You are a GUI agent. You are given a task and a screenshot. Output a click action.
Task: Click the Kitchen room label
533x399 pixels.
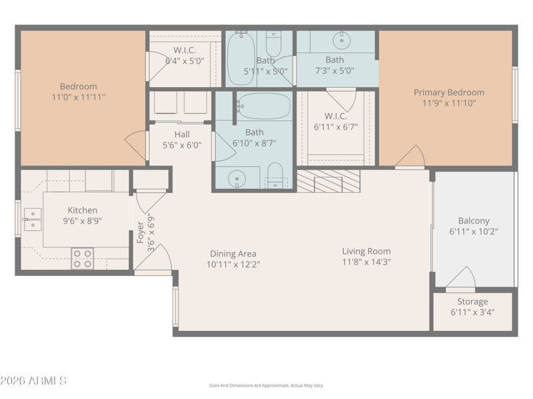[x=82, y=210]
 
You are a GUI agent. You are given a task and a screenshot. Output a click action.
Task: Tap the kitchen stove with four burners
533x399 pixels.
[x=83, y=259]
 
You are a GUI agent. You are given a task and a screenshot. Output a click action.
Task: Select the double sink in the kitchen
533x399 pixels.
[x=33, y=219]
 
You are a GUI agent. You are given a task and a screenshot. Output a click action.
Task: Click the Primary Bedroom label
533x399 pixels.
[x=448, y=92]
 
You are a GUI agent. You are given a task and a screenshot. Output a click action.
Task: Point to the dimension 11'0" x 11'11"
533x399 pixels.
[x=78, y=97]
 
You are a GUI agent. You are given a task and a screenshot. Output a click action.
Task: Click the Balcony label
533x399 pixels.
[x=474, y=221]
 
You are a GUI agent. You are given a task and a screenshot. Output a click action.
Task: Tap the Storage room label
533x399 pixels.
[x=472, y=302]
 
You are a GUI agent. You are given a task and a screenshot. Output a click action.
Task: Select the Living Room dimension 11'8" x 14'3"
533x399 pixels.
[x=366, y=262]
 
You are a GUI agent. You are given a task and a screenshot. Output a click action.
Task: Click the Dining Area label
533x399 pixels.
[x=233, y=254]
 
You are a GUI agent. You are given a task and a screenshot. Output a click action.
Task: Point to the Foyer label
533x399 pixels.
[x=141, y=233]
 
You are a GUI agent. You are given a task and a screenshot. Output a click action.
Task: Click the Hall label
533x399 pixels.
[x=182, y=134]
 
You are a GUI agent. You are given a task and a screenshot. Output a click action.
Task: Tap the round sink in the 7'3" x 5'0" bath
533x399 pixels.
[x=342, y=41]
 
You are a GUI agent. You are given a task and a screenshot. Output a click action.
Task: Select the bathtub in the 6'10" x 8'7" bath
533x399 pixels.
[x=264, y=106]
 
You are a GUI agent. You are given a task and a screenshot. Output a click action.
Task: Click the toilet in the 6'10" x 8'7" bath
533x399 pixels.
[x=275, y=176]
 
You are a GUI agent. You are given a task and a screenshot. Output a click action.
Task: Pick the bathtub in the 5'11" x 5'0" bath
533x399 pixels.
[x=241, y=59]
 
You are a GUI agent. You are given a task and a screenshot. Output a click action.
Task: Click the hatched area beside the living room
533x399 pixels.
[x=328, y=181]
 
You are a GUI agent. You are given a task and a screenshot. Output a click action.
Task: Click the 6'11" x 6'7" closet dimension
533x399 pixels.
[x=336, y=127]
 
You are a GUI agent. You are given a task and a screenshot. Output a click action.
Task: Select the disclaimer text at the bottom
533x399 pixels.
[x=266, y=386]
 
